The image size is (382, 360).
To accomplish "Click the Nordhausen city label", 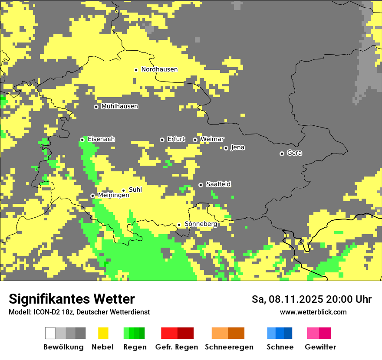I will pos(159,69).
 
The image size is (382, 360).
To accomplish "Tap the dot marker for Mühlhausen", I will pos(96,107).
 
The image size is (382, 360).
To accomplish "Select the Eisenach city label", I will pos(101,139).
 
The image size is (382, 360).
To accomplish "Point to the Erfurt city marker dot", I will pos(162,140).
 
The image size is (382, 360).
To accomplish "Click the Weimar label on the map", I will pos(212,139).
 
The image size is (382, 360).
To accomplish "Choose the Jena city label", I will pos(237,147).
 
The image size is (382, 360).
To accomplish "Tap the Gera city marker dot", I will pos(282,154).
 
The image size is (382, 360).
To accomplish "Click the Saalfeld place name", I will pos(218,184).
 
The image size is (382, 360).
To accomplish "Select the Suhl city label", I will pos(135,190).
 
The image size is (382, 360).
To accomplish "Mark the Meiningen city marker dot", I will pos(92,196).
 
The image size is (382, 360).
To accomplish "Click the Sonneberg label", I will pos(201,224).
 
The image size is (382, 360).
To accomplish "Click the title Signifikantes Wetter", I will pos(72,299).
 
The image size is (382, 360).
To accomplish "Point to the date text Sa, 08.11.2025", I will pos(286,299).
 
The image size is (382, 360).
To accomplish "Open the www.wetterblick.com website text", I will pos(313,312).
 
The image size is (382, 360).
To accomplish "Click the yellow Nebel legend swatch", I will pos(103,333).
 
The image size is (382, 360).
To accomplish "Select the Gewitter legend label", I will pos(320,347).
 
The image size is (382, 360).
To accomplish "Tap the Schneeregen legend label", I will pos(229,347).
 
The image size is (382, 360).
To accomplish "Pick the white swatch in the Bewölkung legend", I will pos(50,333).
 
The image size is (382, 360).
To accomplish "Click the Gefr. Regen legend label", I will pos(176,347).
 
